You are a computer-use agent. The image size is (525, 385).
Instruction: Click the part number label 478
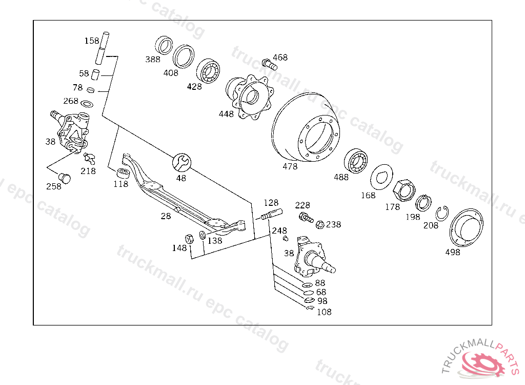click(290, 166)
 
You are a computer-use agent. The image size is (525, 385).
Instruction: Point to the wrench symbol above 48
click(181, 163)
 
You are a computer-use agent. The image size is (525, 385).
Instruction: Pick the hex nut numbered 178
click(403, 189)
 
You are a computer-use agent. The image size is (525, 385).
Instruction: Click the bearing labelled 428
click(209, 71)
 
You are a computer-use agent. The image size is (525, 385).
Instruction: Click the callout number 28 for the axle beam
click(166, 216)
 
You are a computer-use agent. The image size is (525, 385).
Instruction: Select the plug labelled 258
click(65, 178)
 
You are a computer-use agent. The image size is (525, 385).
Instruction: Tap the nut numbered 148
click(188, 239)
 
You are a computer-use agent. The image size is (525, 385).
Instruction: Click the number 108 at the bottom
click(324, 312)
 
